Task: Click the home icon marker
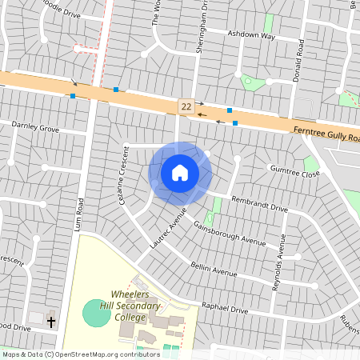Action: tap(180, 173)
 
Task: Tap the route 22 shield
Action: tap(186, 106)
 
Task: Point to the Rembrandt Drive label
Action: tap(258, 203)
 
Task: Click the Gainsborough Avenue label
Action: tap(230, 232)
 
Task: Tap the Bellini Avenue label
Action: tap(214, 269)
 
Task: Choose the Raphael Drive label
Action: tap(227, 307)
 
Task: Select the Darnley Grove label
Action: tap(35, 127)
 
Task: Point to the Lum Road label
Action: tap(80, 215)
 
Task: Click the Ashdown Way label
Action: tap(251, 36)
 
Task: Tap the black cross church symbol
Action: tap(51, 322)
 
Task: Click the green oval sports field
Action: tap(97, 312)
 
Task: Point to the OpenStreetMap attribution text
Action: tap(70, 354)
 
